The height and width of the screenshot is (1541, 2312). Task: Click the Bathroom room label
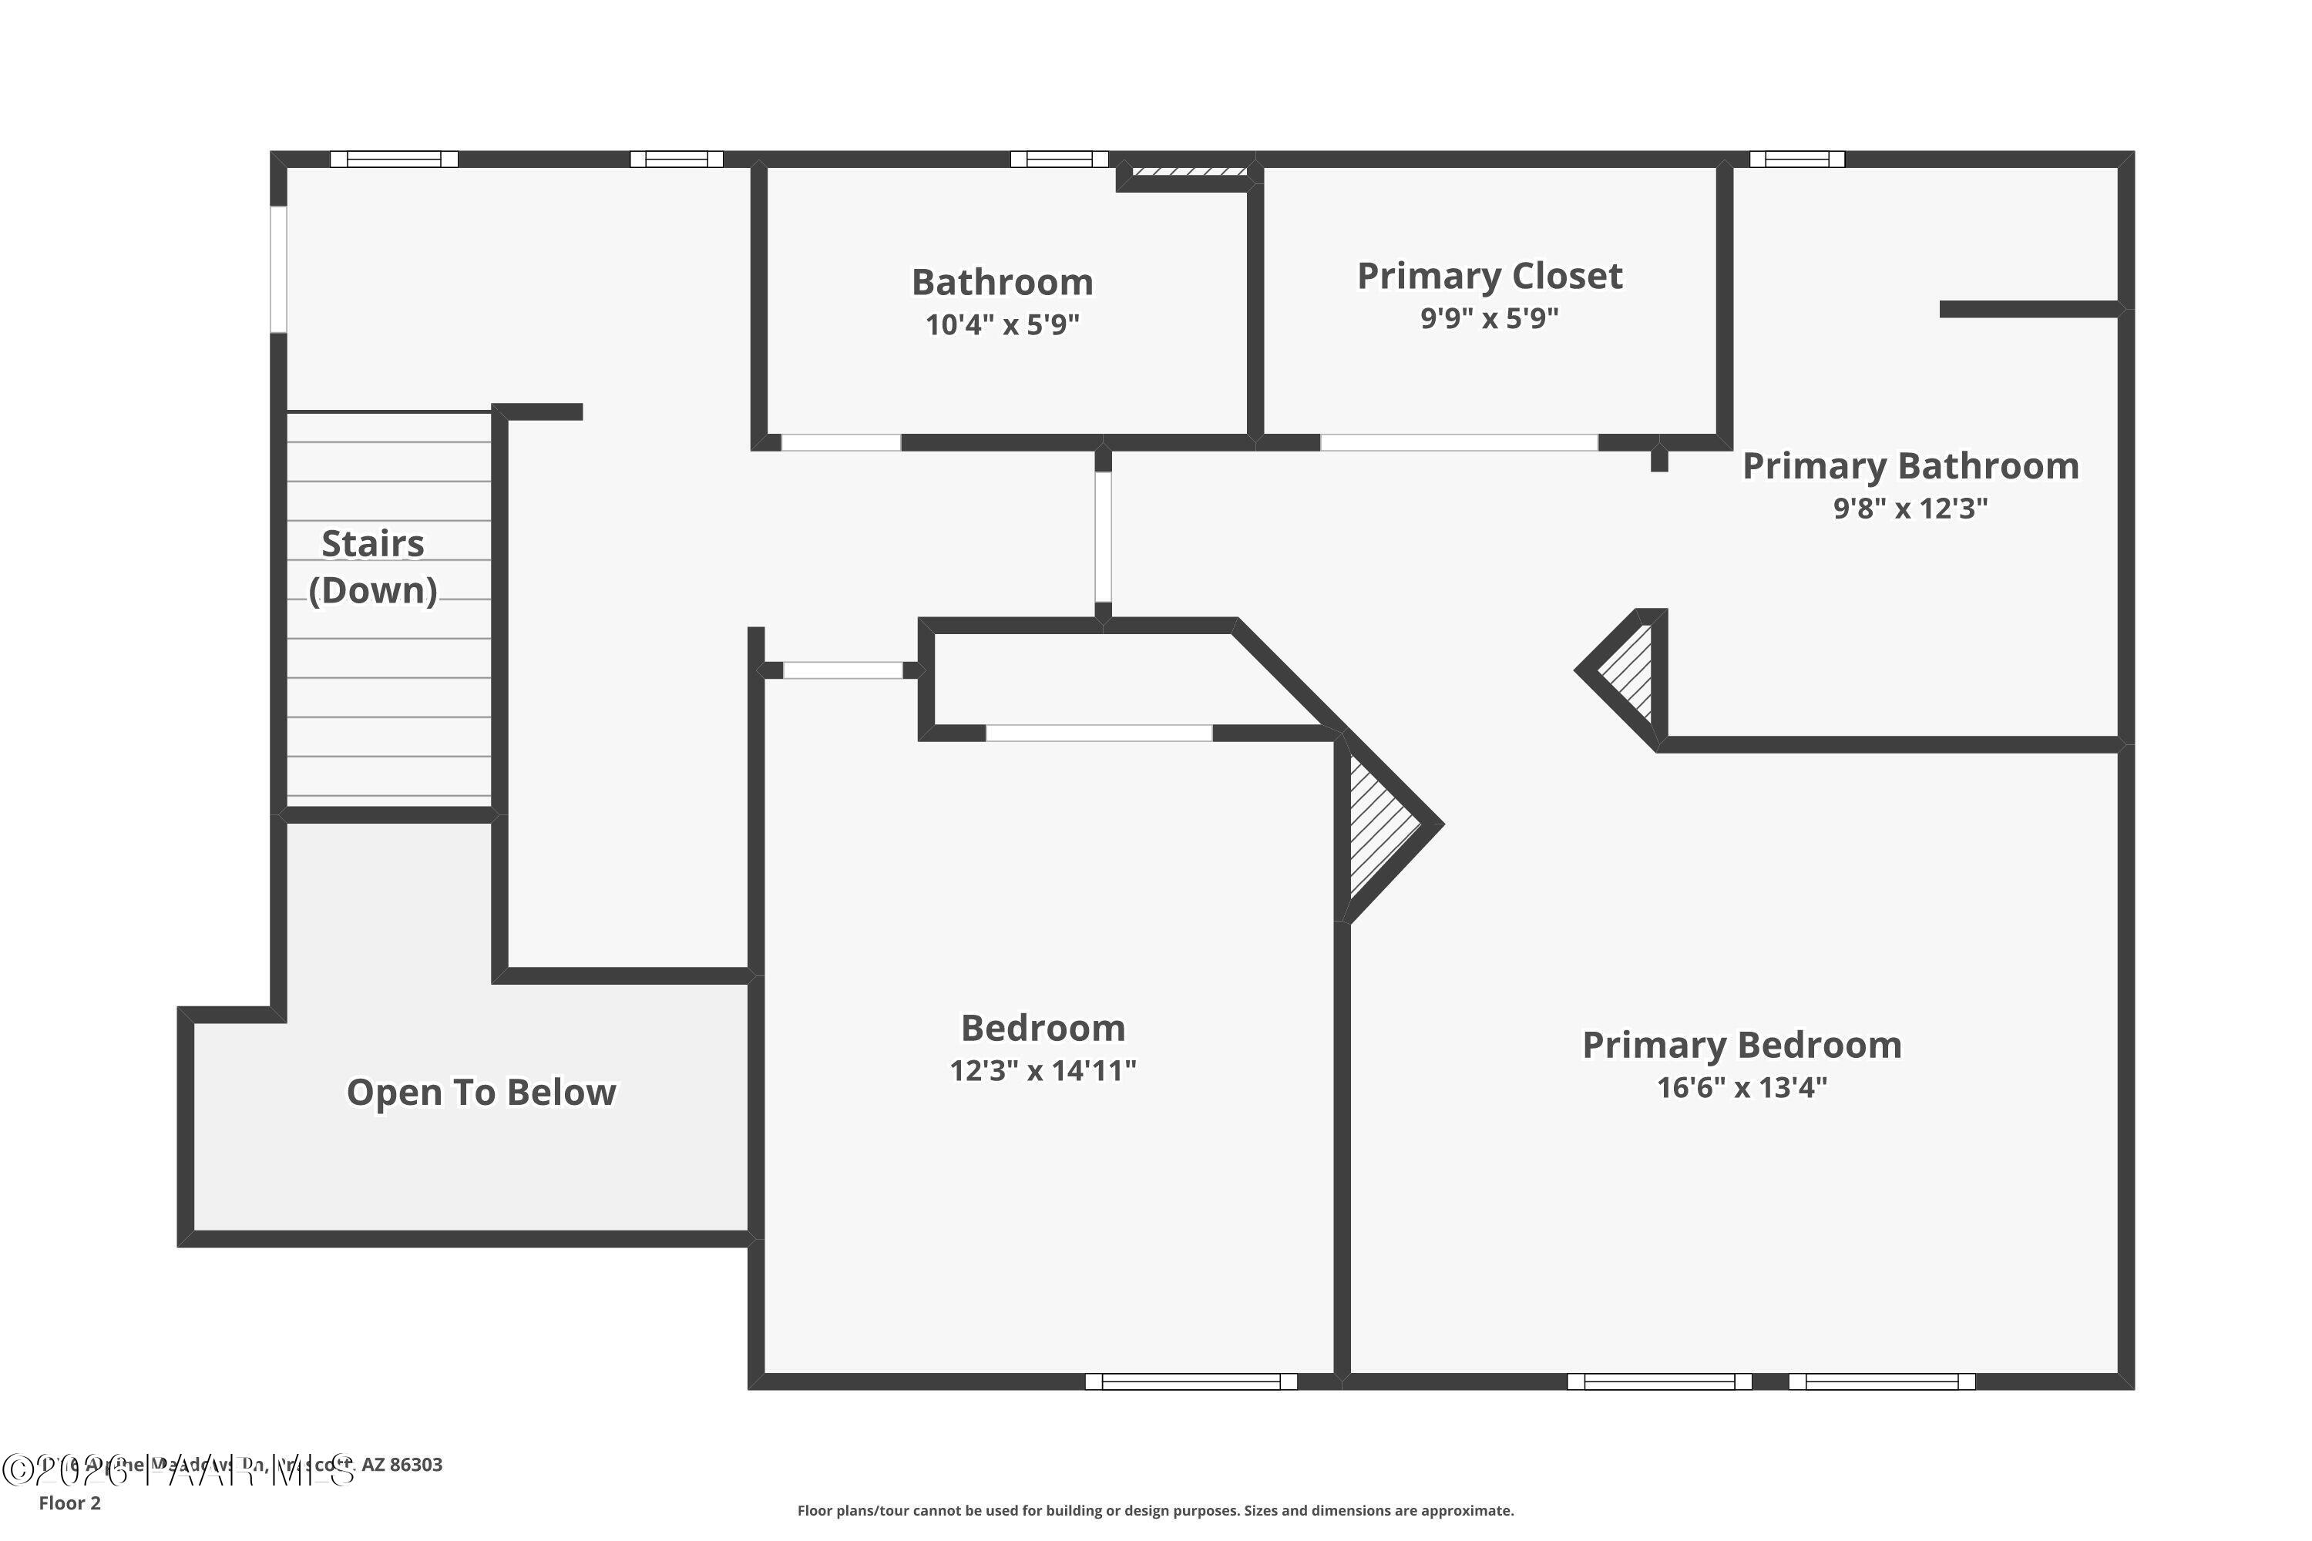pos(1002,282)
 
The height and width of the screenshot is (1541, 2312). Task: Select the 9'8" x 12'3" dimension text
pos(1910,508)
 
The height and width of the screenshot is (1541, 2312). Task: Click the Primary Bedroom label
pos(1741,1045)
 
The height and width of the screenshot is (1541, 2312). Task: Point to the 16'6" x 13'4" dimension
pos(1741,1088)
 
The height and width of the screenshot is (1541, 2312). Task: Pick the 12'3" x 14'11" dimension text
pos(1042,1070)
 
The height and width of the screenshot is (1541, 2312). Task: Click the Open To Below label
pos(481,1092)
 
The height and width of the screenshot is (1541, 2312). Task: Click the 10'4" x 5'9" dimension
pos(1002,324)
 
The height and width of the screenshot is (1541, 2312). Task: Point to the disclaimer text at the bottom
pos(1155,1510)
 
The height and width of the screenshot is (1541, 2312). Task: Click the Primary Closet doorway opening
pos(1459,443)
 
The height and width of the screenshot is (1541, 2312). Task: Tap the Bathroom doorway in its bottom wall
pos(841,443)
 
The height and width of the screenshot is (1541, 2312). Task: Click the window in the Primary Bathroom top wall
pos(1797,159)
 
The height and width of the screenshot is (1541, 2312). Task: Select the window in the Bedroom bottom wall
pos(1191,1382)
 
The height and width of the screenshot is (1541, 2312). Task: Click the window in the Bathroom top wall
pos(1059,159)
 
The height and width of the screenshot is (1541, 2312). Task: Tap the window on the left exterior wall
pos(278,268)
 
